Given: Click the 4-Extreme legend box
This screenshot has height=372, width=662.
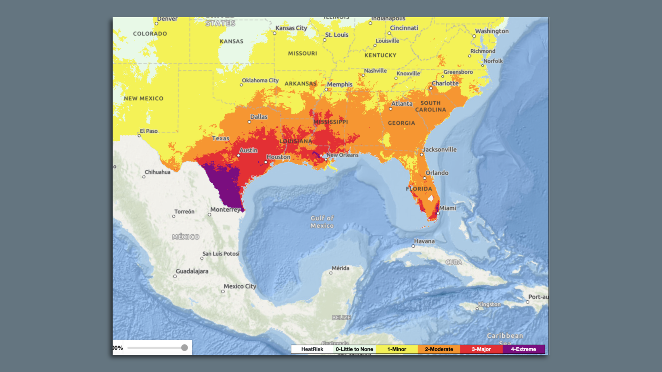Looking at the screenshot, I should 523,349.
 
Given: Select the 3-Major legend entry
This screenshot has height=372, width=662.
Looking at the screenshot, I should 481,349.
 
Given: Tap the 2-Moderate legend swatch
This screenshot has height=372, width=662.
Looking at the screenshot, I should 439,349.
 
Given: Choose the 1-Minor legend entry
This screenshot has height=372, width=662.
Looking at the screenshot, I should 397,349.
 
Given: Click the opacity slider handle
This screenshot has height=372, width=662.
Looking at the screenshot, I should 184,348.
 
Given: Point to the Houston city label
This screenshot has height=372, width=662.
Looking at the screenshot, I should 278,157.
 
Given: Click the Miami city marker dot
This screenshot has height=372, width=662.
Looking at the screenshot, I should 438,213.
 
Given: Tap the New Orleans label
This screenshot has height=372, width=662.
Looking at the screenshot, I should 342,155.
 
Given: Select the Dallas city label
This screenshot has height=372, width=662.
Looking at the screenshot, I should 259,117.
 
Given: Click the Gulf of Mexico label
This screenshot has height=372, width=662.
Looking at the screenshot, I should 322,222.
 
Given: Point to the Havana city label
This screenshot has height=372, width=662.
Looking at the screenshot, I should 424,241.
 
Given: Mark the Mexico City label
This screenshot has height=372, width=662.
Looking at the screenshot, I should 240,286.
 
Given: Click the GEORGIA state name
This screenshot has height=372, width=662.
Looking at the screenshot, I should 401,123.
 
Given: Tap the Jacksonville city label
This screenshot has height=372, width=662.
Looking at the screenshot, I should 439,149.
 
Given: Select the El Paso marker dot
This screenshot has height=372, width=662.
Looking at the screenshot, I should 139,136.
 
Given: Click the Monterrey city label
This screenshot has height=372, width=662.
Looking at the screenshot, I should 225,209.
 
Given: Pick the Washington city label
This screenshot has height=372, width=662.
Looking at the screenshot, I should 492,31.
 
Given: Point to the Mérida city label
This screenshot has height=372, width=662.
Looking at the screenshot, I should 340,268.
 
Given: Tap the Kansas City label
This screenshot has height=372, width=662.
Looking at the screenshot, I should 291,28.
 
